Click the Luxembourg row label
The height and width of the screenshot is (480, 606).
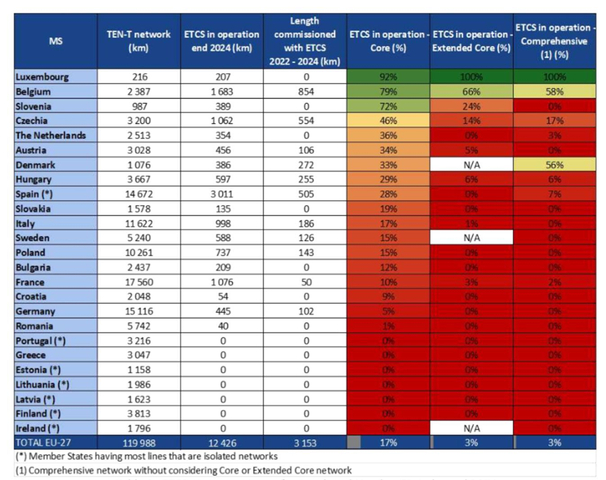coord(42,77)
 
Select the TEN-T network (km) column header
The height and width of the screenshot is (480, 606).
coord(138,41)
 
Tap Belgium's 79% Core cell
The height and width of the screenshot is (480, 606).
coord(387,92)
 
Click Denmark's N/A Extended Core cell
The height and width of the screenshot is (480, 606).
coord(471,165)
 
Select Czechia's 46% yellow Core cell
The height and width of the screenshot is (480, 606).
coord(387,121)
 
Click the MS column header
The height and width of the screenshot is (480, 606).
coord(56,41)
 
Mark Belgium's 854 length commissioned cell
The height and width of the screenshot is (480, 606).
coord(305,92)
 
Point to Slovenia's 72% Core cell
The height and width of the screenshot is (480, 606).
coord(387,106)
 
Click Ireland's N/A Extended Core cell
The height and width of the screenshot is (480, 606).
coord(471,427)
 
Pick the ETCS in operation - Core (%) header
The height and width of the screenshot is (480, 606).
coord(387,41)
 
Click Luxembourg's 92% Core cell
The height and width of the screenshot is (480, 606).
coord(387,77)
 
